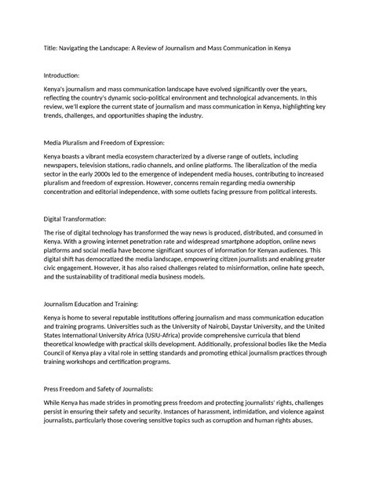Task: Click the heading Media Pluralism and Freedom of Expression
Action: click(104, 143)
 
